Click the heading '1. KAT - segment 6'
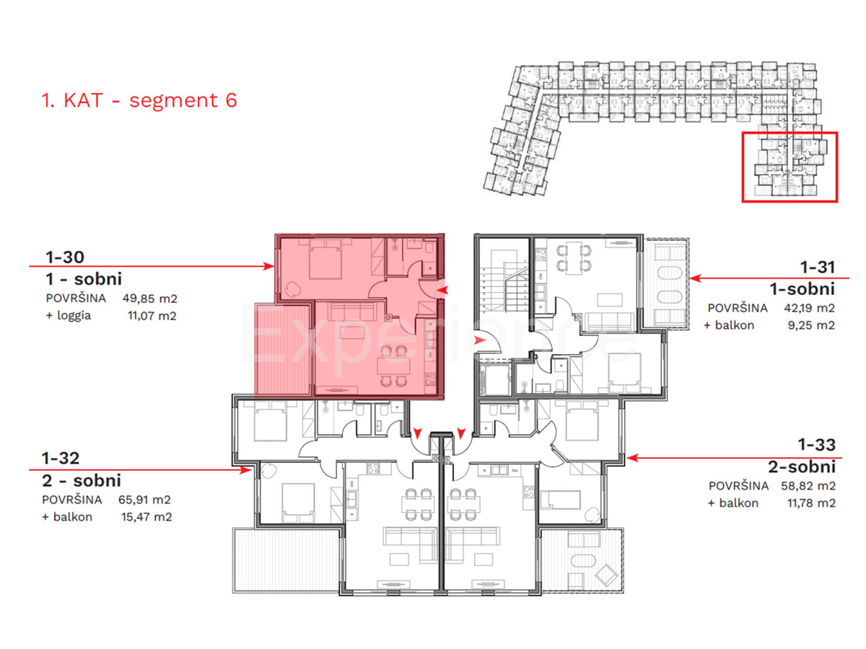(x=139, y=100)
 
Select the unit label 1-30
(x=65, y=257)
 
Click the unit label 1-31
(x=816, y=267)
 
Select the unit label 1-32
(x=61, y=458)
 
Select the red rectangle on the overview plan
(x=790, y=167)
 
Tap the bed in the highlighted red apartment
(x=326, y=261)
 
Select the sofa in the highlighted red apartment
(x=350, y=312)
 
